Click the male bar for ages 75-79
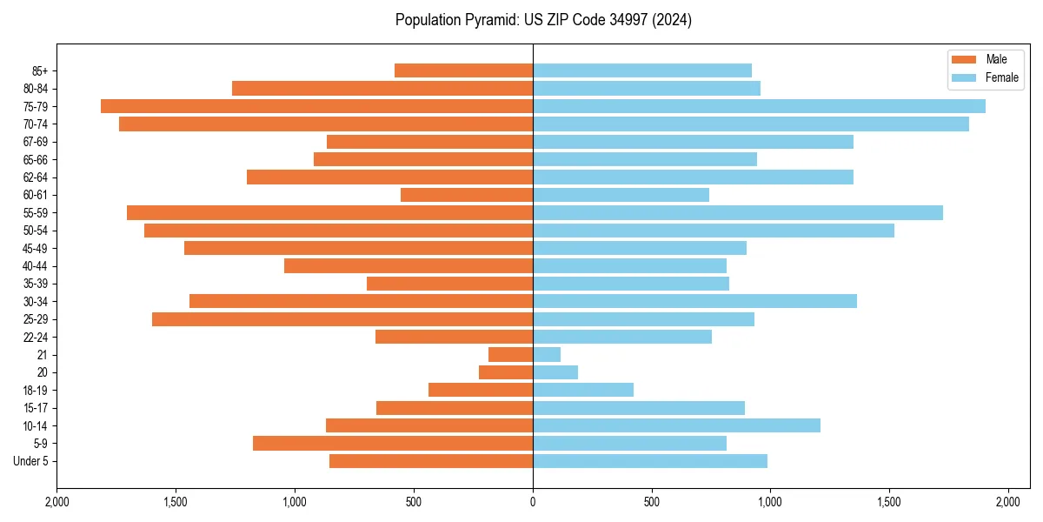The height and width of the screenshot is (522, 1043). pyautogui.click(x=316, y=106)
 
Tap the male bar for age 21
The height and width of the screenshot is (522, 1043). pyautogui.click(x=510, y=355)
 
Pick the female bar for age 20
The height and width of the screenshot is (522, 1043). pyautogui.click(x=555, y=372)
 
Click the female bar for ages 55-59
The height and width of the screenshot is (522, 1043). pyautogui.click(x=738, y=213)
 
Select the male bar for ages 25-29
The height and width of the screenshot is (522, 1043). pyautogui.click(x=342, y=319)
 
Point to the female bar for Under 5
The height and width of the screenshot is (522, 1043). pyautogui.click(x=650, y=461)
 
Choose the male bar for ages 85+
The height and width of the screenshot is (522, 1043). pyautogui.click(x=463, y=70)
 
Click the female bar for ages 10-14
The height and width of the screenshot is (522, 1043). pyautogui.click(x=676, y=425)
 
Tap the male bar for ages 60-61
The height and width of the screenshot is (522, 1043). pyautogui.click(x=467, y=195)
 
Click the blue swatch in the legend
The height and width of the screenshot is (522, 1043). pyautogui.click(x=965, y=77)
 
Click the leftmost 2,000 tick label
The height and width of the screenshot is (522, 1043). pyautogui.click(x=57, y=502)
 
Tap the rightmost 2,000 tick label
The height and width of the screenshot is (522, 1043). pyautogui.click(x=1008, y=502)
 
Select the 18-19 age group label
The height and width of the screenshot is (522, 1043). pyautogui.click(x=36, y=391)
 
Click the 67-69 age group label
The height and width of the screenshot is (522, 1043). pyautogui.click(x=36, y=142)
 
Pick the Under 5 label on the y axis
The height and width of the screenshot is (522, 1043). pyautogui.click(x=31, y=461)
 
